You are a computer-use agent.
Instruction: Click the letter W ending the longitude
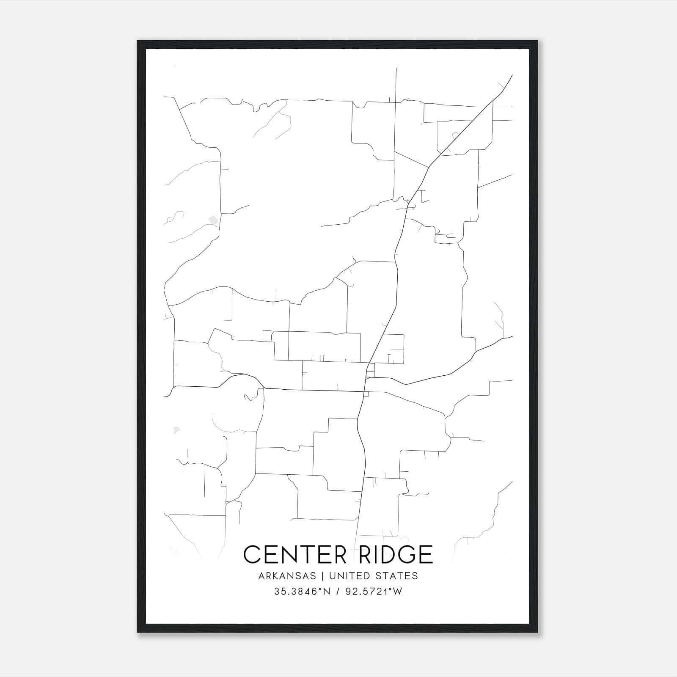[398, 592]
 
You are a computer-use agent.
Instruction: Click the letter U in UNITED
[332, 576]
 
